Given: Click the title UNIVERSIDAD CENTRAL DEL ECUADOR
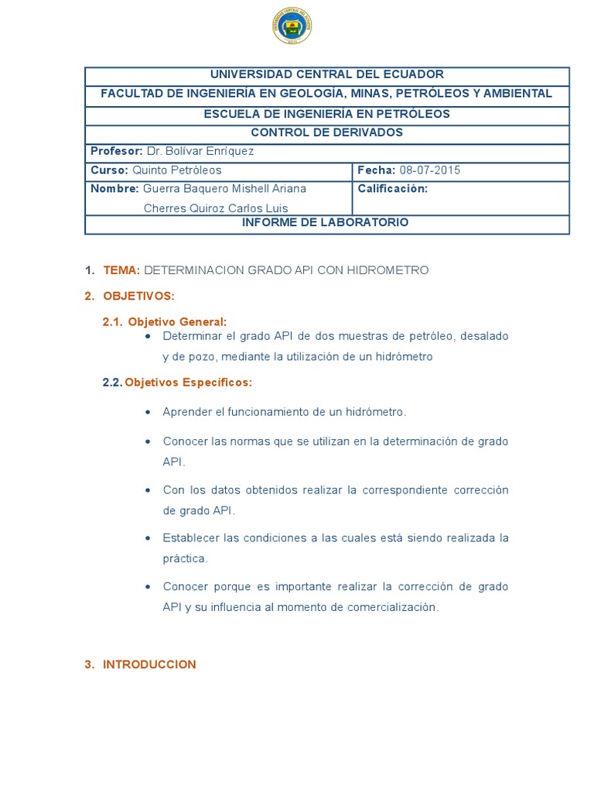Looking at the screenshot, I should click(x=327, y=74).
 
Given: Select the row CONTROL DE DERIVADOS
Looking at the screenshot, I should click(x=327, y=132).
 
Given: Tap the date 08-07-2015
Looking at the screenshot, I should click(x=429, y=170).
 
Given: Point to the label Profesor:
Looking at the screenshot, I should click(x=117, y=151).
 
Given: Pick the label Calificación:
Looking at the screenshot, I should click(x=393, y=188).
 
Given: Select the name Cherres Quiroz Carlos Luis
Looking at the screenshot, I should click(x=217, y=208).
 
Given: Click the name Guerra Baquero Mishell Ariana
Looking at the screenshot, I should click(x=225, y=188).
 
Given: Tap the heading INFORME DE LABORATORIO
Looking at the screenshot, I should click(x=326, y=222).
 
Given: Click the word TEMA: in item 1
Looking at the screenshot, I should click(x=121, y=270).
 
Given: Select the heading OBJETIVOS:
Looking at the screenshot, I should click(x=139, y=296).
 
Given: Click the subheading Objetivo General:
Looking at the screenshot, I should click(x=178, y=321).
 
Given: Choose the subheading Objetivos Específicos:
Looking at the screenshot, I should click(x=189, y=382).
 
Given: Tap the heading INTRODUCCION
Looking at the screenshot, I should click(x=150, y=664).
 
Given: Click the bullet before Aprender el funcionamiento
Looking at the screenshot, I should click(x=148, y=412).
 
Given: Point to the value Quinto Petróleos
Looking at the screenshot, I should click(x=177, y=170).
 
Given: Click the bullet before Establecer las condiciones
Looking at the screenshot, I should click(x=148, y=537).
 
